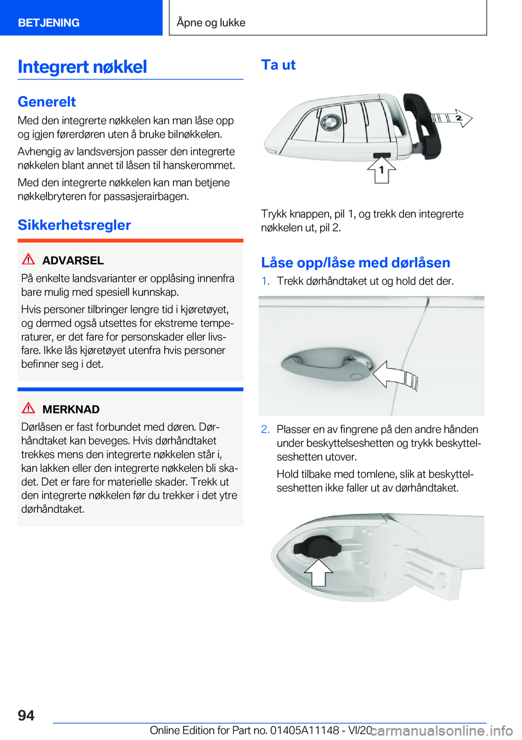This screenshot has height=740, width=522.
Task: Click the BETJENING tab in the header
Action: [48, 22]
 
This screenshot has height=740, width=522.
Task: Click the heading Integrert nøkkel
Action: [82, 66]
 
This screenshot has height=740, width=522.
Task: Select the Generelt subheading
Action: [47, 102]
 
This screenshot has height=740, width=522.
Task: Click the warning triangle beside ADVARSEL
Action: [28, 259]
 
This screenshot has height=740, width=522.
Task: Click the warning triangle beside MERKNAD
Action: [28, 408]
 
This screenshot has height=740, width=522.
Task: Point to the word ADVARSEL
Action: [73, 260]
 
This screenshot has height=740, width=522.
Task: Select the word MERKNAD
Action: [71, 409]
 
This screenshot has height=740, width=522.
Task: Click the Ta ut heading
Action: [278, 65]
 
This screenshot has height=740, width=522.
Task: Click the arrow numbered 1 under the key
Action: [382, 171]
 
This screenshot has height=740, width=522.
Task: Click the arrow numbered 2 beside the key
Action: [452, 118]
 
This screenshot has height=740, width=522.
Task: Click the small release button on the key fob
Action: [382, 155]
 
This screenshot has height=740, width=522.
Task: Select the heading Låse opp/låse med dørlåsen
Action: [356, 262]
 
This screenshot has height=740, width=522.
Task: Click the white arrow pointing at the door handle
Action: [395, 375]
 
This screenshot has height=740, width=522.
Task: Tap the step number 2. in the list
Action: [265, 429]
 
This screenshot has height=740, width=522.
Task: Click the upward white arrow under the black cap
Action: [318, 573]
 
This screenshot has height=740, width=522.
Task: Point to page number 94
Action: [26, 715]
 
